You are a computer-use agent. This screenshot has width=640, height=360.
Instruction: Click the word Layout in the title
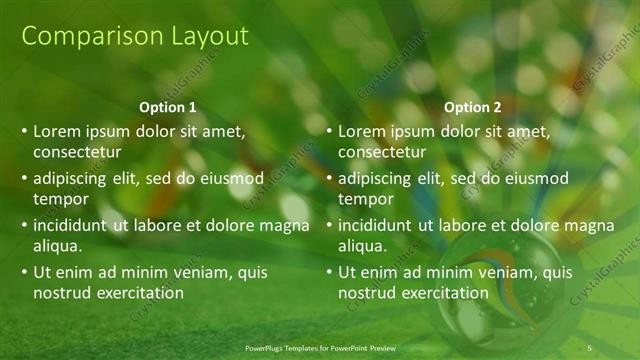point(200,37)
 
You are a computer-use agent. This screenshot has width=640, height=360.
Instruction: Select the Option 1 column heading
point(167,107)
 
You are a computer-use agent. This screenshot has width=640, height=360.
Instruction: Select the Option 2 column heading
point(473,107)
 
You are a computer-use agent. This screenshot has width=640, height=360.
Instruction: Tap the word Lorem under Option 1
point(57,131)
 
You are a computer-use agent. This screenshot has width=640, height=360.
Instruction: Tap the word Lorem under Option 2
point(362,131)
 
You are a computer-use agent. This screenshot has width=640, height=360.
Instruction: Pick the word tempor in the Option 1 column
point(59,199)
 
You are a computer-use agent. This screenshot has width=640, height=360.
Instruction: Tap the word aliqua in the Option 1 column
point(57,246)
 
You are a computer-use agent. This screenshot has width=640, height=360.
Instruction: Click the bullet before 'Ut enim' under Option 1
point(24,272)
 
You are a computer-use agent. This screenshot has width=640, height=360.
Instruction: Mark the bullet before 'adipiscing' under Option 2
point(329,179)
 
